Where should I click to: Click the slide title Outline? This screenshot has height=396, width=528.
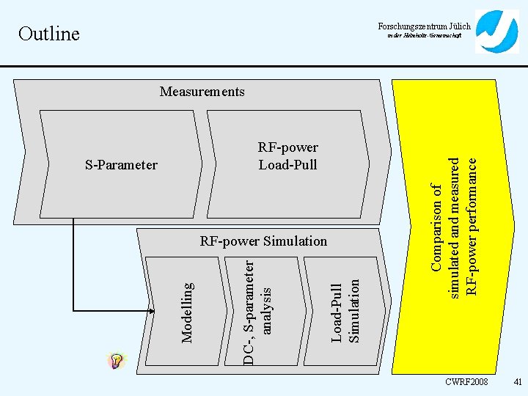click(x=48, y=34)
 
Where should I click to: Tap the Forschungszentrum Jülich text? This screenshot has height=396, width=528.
click(x=425, y=26)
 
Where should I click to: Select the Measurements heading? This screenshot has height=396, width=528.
click(x=202, y=92)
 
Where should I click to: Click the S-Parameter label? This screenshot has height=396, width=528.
click(x=121, y=164)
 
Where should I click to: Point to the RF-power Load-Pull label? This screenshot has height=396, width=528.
click(x=288, y=155)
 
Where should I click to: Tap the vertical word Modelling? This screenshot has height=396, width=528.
click(x=188, y=312)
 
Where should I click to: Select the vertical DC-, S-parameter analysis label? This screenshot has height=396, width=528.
click(x=257, y=309)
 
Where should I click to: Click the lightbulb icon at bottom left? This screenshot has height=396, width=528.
click(x=116, y=361)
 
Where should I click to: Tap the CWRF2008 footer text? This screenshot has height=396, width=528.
click(x=466, y=382)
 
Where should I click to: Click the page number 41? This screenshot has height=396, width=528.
click(x=516, y=382)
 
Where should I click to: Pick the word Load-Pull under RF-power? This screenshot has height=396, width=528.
click(x=288, y=164)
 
